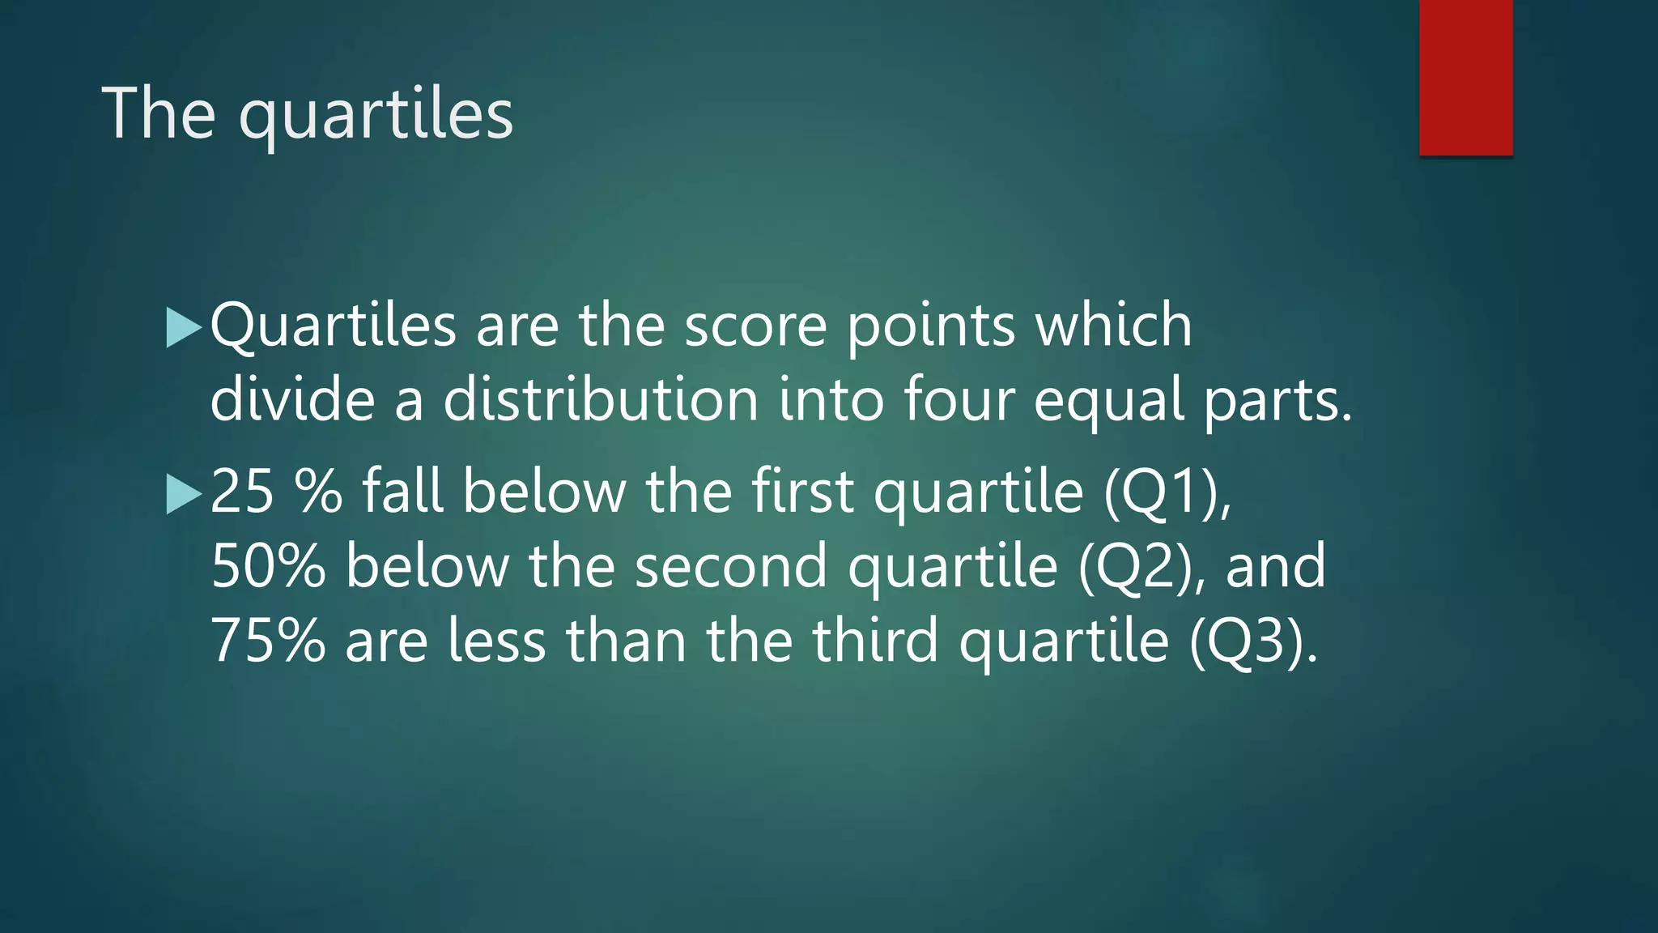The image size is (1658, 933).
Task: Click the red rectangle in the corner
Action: pyautogui.click(x=1465, y=77)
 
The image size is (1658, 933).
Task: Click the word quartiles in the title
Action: pyautogui.click(x=376, y=114)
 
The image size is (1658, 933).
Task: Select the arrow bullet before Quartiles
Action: pyautogui.click(x=183, y=327)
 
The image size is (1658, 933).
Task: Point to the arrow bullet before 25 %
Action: pyautogui.click(x=183, y=493)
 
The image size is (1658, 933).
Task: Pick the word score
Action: pyautogui.click(x=755, y=326)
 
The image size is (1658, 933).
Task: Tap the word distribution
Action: pyautogui.click(x=600, y=399)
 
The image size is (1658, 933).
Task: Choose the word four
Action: pyautogui.click(x=959, y=399)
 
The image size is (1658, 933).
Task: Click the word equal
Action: pyautogui.click(x=1108, y=401)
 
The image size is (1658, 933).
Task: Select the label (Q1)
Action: pyautogui.click(x=1165, y=492)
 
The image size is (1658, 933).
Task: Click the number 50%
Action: pyautogui.click(x=268, y=566)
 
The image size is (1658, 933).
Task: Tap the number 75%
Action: pyautogui.click(x=268, y=641)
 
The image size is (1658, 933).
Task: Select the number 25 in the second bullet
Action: pyautogui.click(x=242, y=492)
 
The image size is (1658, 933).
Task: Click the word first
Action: pyautogui.click(x=802, y=492)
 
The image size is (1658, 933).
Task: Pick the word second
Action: pyautogui.click(x=731, y=566)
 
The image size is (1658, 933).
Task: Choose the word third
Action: pyautogui.click(x=877, y=641)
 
